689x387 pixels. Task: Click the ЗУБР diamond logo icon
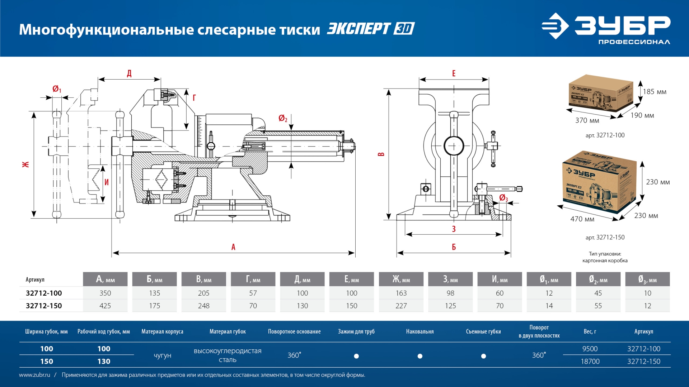coord(555,26)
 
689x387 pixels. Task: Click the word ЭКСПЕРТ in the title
coord(358,29)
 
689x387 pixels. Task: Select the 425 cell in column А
coord(105,306)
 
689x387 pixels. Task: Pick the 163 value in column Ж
coord(401,293)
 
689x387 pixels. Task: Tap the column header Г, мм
coord(253,279)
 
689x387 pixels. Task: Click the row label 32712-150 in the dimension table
coord(44,306)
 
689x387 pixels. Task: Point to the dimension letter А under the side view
coord(233,247)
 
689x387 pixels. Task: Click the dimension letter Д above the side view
coord(129,73)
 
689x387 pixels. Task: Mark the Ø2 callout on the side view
coord(283,118)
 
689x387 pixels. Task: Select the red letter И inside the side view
coord(107,182)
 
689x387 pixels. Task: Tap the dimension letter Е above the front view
coord(454,73)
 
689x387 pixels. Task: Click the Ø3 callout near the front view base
coord(503,198)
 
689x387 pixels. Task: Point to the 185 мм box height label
coord(655,92)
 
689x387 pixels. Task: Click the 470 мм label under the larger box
coord(582,219)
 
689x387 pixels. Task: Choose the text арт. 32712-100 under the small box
coord(605,135)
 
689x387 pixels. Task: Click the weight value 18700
coord(590,361)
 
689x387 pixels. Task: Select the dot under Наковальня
coord(420,356)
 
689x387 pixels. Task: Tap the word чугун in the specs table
coord(162,355)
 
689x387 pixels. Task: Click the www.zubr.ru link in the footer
coord(34,375)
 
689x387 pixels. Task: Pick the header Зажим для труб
coord(356,331)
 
